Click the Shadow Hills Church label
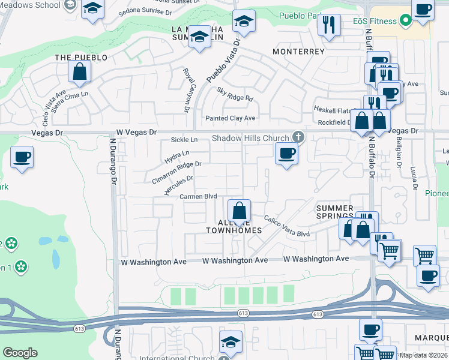coord(250,138)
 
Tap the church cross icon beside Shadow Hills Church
coord(297,137)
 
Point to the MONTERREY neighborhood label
coord(298,52)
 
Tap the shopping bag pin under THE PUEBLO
coord(79,72)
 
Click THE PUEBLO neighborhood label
coord(81,58)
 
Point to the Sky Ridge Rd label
coord(235,94)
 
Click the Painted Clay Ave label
coord(231,118)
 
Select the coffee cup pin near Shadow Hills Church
coord(286,153)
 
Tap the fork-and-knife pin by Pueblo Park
coord(328,25)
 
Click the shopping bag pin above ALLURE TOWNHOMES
coord(239,210)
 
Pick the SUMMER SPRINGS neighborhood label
coord(335,212)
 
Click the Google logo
coord(20,353)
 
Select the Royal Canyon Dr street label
coord(186,89)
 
